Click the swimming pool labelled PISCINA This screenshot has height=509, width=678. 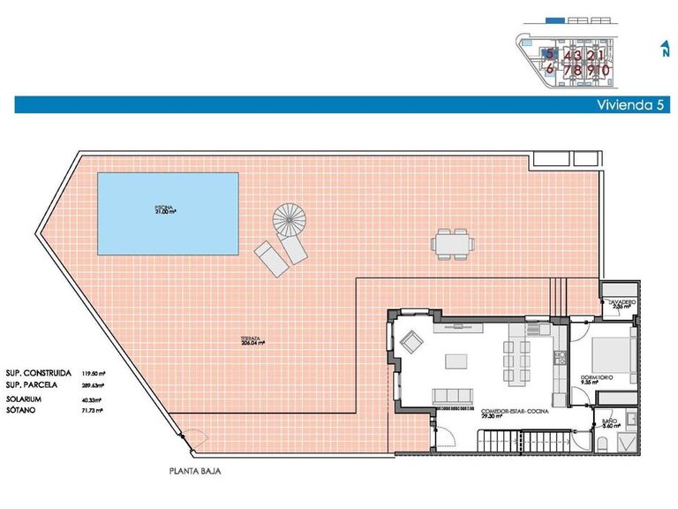(167, 211)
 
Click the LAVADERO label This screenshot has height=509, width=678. (621, 303)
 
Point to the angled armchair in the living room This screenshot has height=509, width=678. (411, 339)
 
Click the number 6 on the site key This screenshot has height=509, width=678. (549, 69)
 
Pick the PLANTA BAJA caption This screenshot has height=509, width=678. (195, 471)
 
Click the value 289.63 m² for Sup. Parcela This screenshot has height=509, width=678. (93, 386)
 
